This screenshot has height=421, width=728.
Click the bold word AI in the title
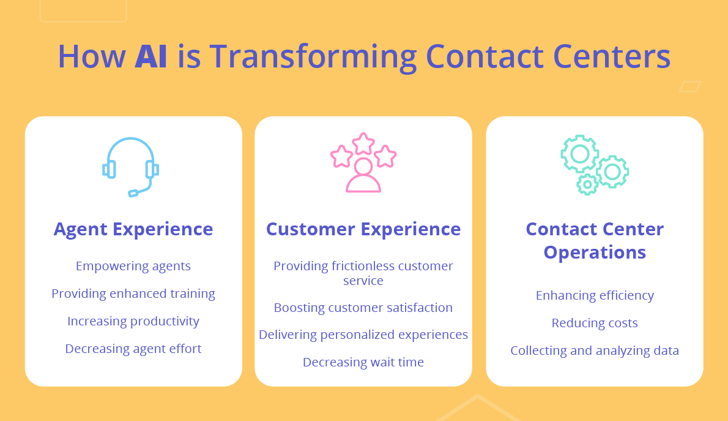pyautogui.click(x=150, y=56)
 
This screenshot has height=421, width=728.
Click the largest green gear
pyautogui.click(x=579, y=154)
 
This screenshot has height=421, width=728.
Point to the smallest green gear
pyautogui.click(x=587, y=183)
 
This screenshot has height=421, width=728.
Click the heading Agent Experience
pyautogui.click(x=133, y=229)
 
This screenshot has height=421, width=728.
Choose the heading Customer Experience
pyautogui.click(x=363, y=229)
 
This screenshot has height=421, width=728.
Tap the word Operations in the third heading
pyautogui.click(x=595, y=252)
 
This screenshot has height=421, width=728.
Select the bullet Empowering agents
pyautogui.click(x=133, y=266)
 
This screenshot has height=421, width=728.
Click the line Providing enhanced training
pyautogui.click(x=133, y=294)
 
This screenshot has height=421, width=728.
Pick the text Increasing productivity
pyautogui.click(x=133, y=321)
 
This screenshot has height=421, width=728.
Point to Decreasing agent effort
pyautogui.click(x=133, y=349)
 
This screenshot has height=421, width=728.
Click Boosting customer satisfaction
pyautogui.click(x=363, y=308)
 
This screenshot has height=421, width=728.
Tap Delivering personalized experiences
pyautogui.click(x=363, y=335)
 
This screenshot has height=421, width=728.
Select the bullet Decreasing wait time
pyautogui.click(x=363, y=362)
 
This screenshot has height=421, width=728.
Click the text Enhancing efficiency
pyautogui.click(x=595, y=295)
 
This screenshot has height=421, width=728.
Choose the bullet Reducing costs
pyautogui.click(x=595, y=323)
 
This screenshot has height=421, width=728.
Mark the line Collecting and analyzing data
pyautogui.click(x=595, y=351)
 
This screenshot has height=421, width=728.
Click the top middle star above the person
pyautogui.click(x=363, y=143)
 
